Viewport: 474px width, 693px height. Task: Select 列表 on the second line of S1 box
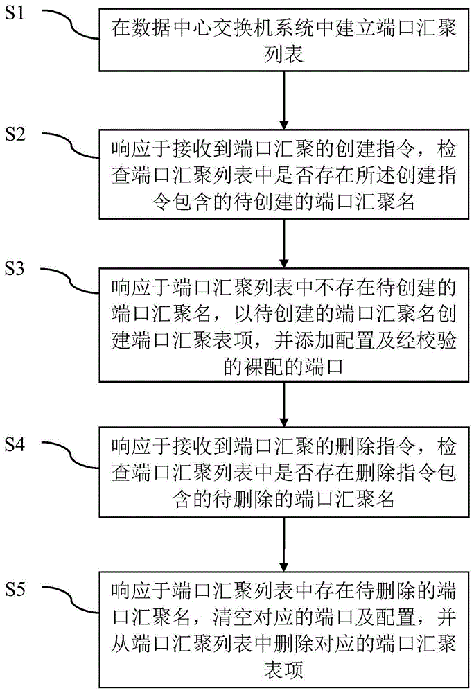click(284, 53)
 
